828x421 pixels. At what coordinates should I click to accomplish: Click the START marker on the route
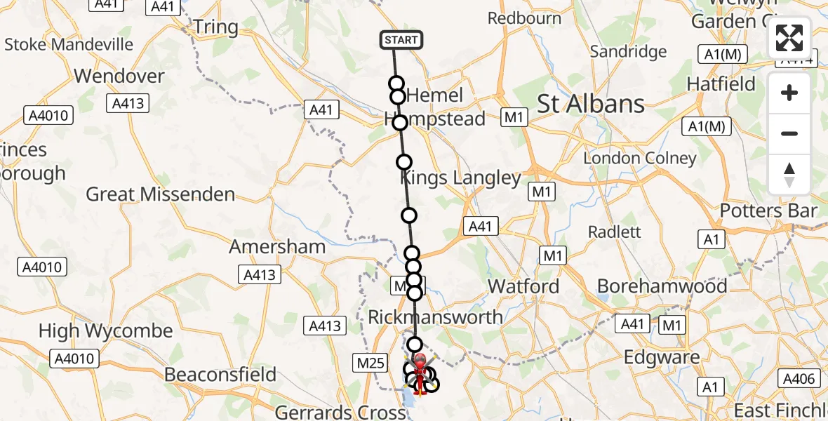tap(401, 40)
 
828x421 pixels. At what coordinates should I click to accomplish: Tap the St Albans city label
tap(590, 105)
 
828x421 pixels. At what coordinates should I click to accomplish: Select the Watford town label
tap(523, 286)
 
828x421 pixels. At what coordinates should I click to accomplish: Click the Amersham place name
tap(277, 247)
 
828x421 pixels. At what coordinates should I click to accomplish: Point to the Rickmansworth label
tap(435, 317)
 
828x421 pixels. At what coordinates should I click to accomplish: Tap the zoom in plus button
tap(789, 93)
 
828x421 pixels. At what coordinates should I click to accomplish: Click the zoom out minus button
tap(789, 133)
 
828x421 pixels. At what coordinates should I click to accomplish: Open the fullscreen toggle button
tap(789, 38)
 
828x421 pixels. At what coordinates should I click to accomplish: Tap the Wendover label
tap(119, 76)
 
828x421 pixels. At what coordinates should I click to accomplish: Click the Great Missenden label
tap(160, 194)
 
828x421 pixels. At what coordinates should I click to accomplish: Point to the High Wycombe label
tap(105, 331)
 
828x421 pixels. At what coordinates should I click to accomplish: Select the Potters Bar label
tap(768, 211)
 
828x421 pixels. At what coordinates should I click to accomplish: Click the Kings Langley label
tap(460, 178)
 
